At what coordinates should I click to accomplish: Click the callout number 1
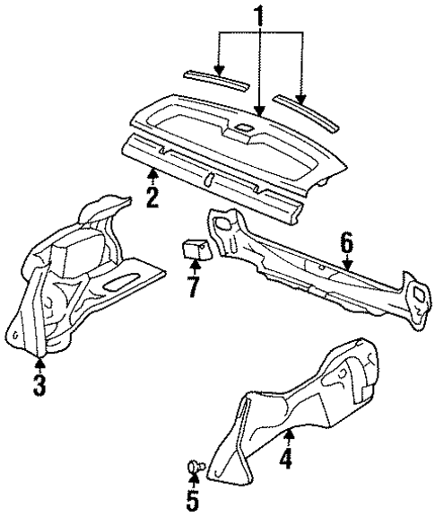pos(260,15)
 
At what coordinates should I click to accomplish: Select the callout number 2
pos(152,197)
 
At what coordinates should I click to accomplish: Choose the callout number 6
pos(345,242)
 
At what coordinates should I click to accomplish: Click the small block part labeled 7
pos(196,246)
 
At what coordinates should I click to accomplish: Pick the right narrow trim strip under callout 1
pos(305,109)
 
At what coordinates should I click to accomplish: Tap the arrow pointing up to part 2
pos(153,175)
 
